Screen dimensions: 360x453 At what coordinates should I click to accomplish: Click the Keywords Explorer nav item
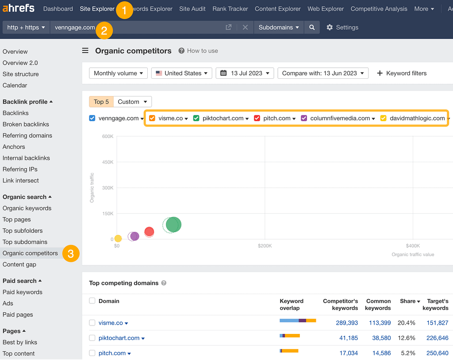153,9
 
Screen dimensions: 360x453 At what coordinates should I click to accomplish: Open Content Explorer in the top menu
277,9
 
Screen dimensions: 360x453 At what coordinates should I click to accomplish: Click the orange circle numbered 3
71,253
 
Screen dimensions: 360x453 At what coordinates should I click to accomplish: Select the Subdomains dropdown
279,27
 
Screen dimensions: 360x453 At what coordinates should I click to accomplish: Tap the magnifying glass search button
312,27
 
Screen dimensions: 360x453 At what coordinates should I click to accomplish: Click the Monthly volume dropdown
119,73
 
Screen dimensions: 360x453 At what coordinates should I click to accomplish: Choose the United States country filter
182,73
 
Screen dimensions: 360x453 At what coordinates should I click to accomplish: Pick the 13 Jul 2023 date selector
245,73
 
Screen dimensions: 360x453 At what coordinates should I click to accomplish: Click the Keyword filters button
402,73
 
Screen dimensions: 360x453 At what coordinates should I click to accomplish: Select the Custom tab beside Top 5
132,102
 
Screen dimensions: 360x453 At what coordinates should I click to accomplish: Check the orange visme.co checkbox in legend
152,118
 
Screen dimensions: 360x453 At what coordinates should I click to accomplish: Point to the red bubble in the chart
149,231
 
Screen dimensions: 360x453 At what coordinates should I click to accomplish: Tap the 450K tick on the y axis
108,162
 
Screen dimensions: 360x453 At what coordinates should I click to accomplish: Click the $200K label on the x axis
265,246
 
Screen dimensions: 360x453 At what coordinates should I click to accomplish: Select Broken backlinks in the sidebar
26,124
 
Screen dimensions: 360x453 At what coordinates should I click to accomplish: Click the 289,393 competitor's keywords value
347,323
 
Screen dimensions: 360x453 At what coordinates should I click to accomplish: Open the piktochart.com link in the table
119,338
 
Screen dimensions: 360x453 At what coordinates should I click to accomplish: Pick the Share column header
408,301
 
